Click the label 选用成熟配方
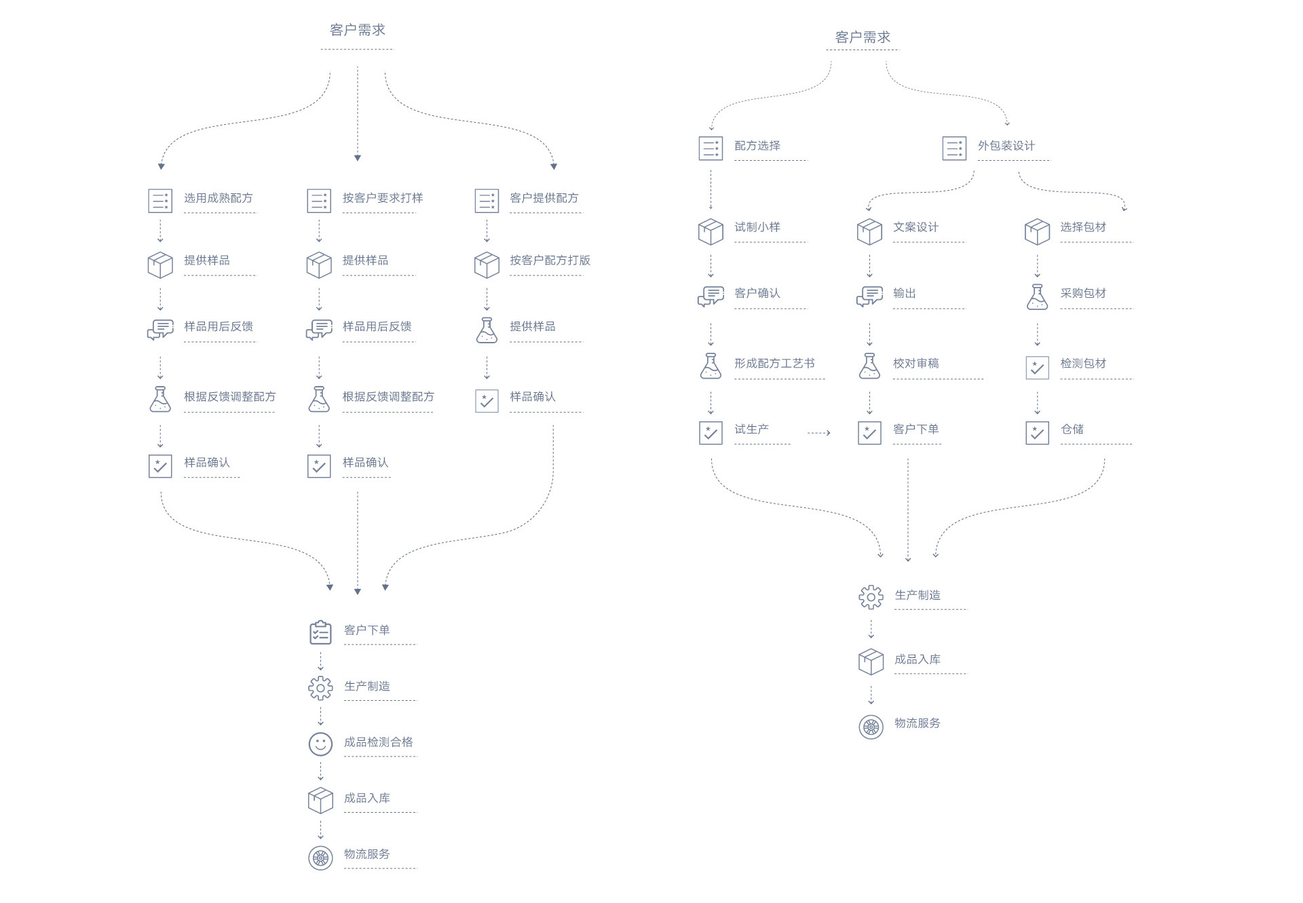(218, 198)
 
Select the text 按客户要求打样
(382, 198)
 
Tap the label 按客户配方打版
(550, 261)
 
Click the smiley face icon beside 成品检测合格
(320, 744)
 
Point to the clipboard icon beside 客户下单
(320, 632)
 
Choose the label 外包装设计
(1006, 146)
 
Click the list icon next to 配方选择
(711, 148)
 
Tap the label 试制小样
(757, 227)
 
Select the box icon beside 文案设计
(869, 231)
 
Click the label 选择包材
(1082, 227)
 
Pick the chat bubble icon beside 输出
(869, 296)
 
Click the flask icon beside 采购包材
(1037, 297)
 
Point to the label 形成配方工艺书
(774, 364)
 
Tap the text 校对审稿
(915, 364)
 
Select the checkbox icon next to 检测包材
(1037, 367)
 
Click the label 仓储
(1072, 429)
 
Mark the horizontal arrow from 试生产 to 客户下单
(818, 432)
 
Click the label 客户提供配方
(544, 198)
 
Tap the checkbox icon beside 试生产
(711, 433)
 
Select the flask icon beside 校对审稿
(869, 366)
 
